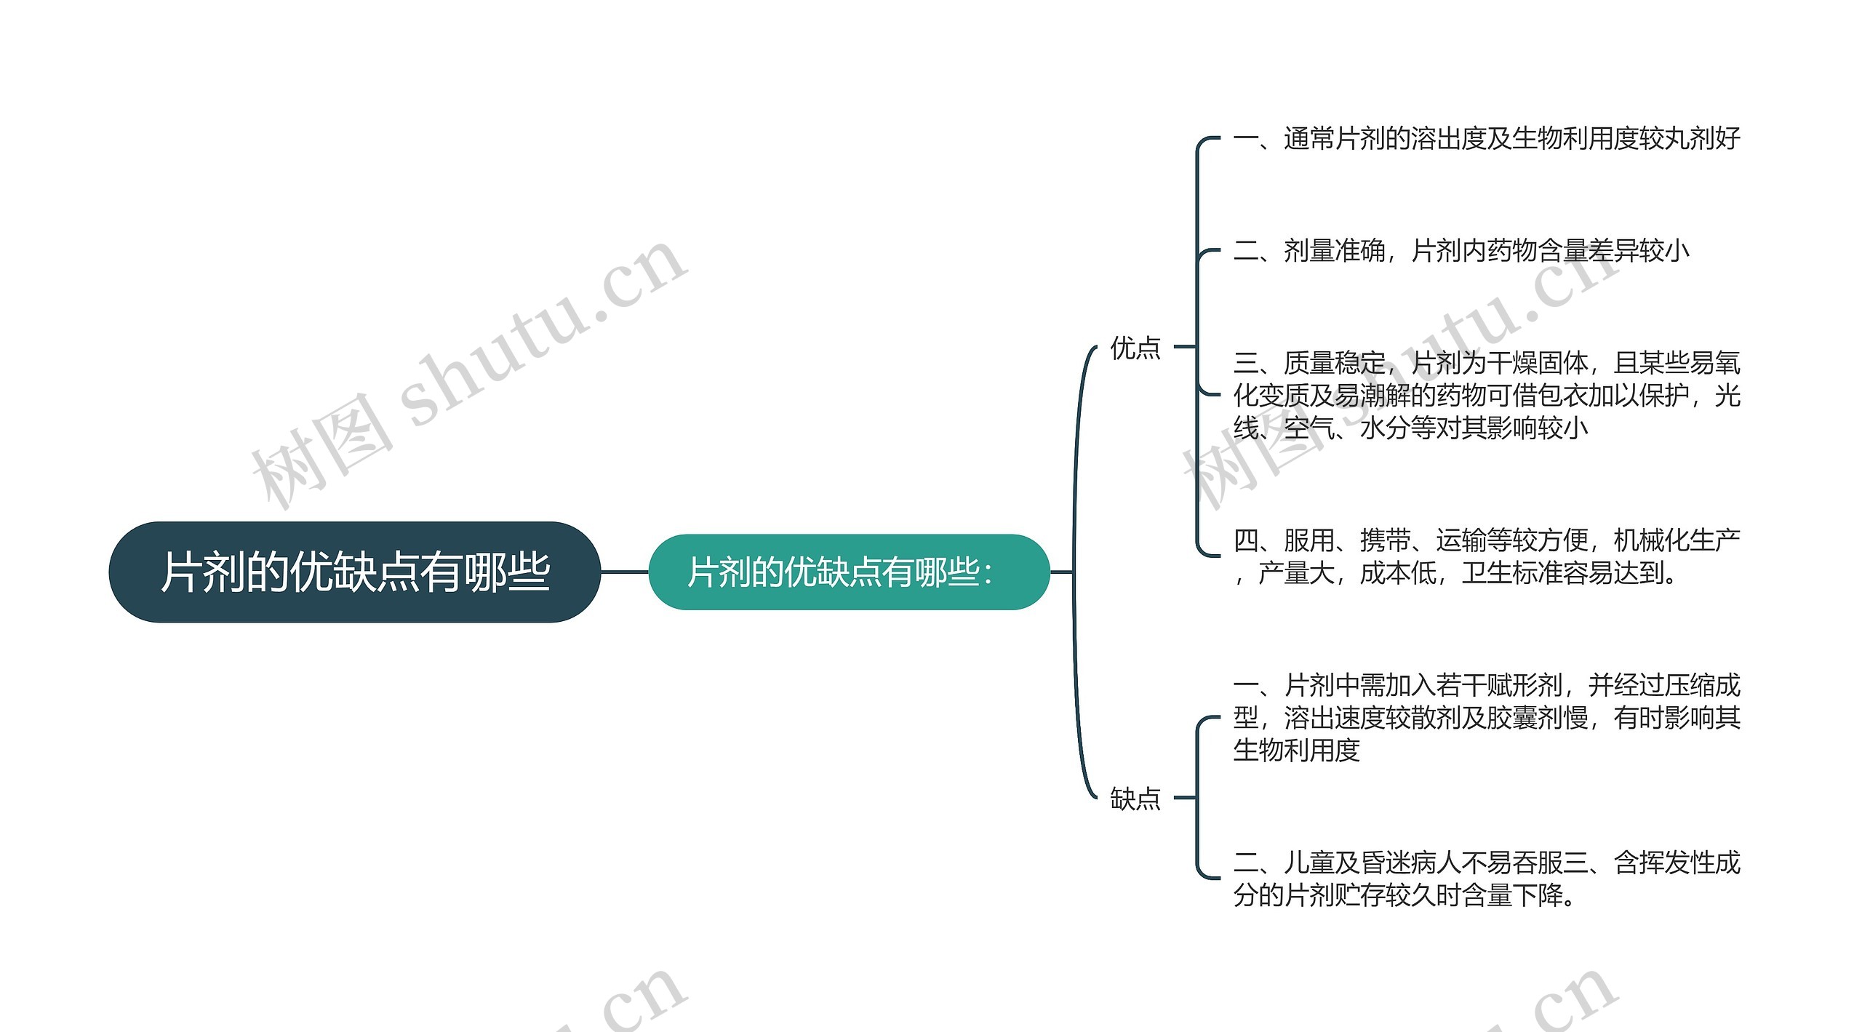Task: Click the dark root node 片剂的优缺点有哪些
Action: point(354,572)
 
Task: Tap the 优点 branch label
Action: point(1135,348)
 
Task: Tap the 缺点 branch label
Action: point(1135,799)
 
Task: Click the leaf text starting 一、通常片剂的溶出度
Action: point(1486,138)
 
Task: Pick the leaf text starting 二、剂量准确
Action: point(1461,251)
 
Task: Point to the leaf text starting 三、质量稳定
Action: point(1486,395)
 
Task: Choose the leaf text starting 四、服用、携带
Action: point(1486,556)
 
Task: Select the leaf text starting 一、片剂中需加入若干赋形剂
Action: point(1486,717)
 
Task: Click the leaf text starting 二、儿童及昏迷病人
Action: point(1486,879)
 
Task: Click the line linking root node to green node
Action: point(624,572)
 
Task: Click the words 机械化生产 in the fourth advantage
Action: point(1677,540)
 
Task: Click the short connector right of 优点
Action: point(1185,347)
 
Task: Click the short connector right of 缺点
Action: point(1185,798)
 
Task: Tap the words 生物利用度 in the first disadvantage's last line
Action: point(1296,750)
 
